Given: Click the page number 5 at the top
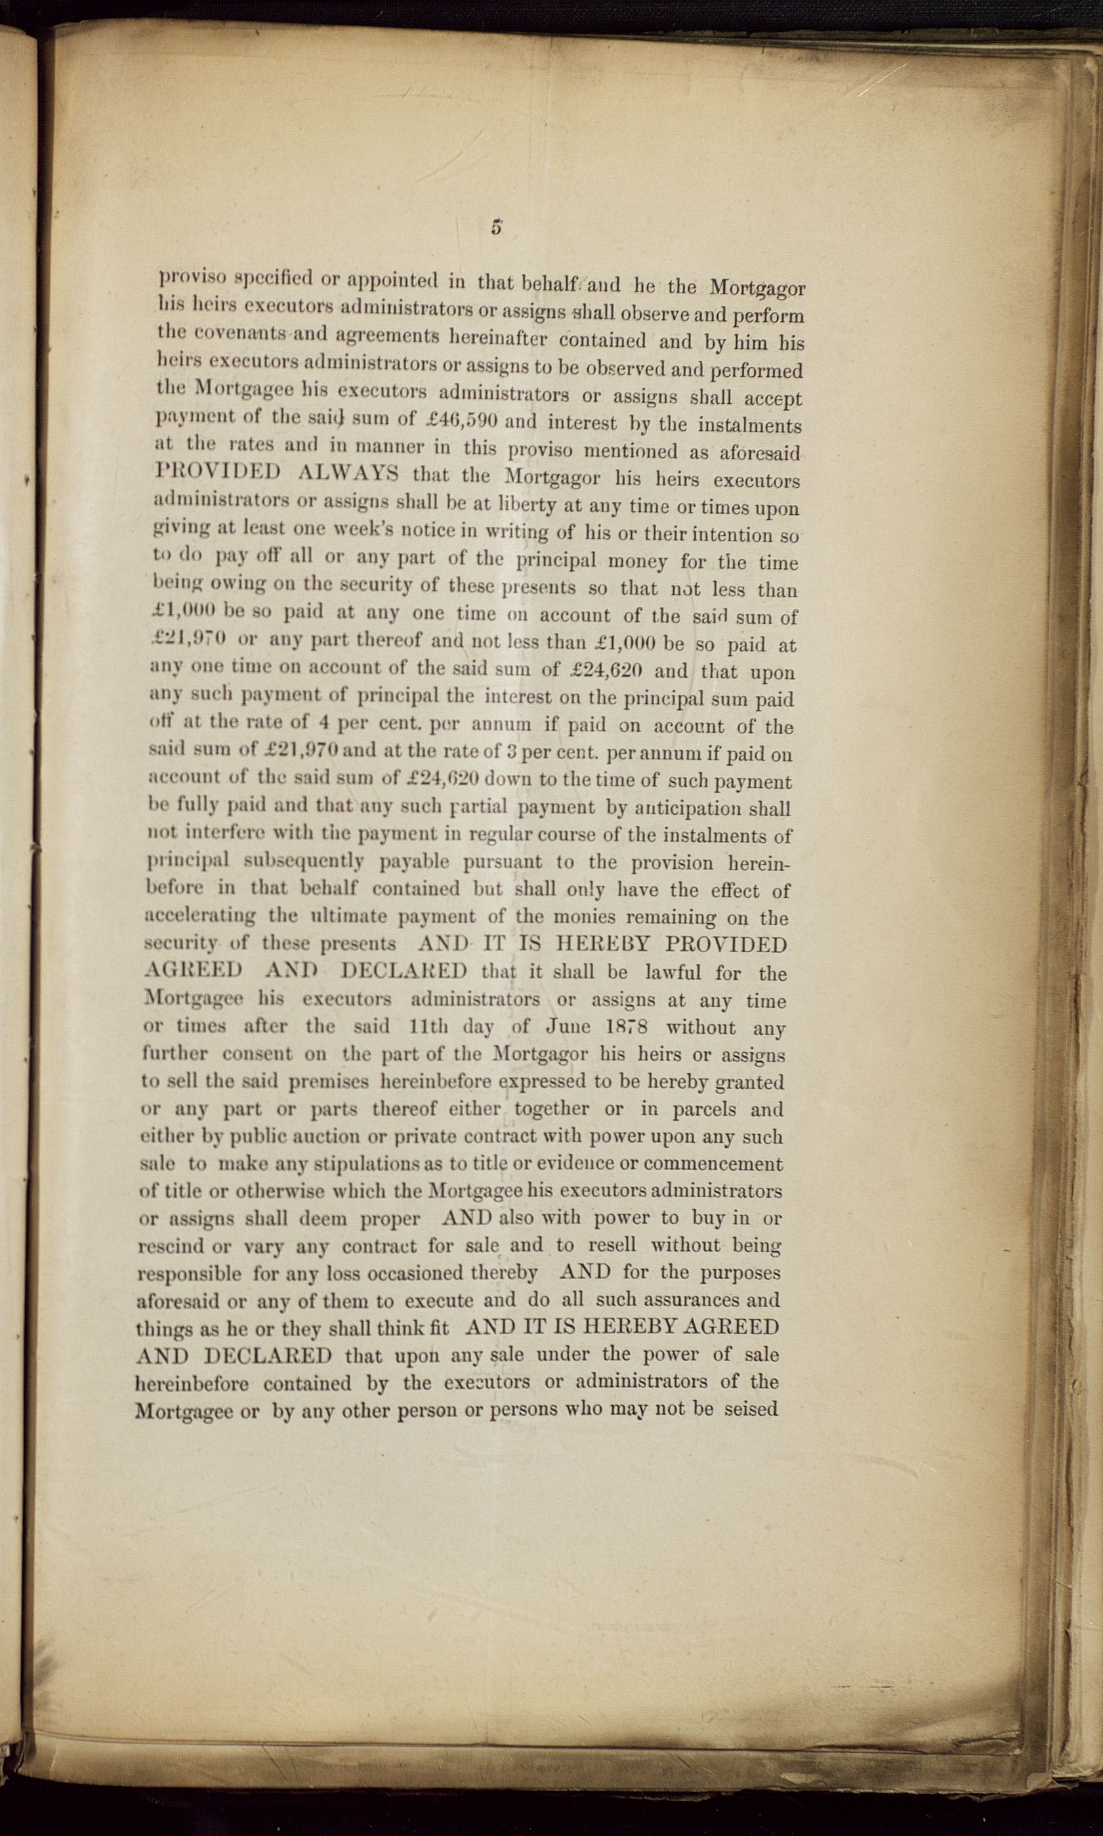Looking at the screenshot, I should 497,228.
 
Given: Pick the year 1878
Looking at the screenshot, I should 616,1027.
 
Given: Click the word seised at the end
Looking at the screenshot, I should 751,1409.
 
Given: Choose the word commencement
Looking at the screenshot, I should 713,1163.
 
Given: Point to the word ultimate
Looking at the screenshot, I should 337,916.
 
